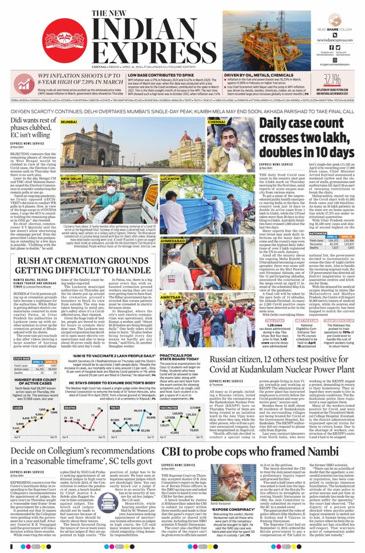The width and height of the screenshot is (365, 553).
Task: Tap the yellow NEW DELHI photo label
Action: [x=71, y=178]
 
